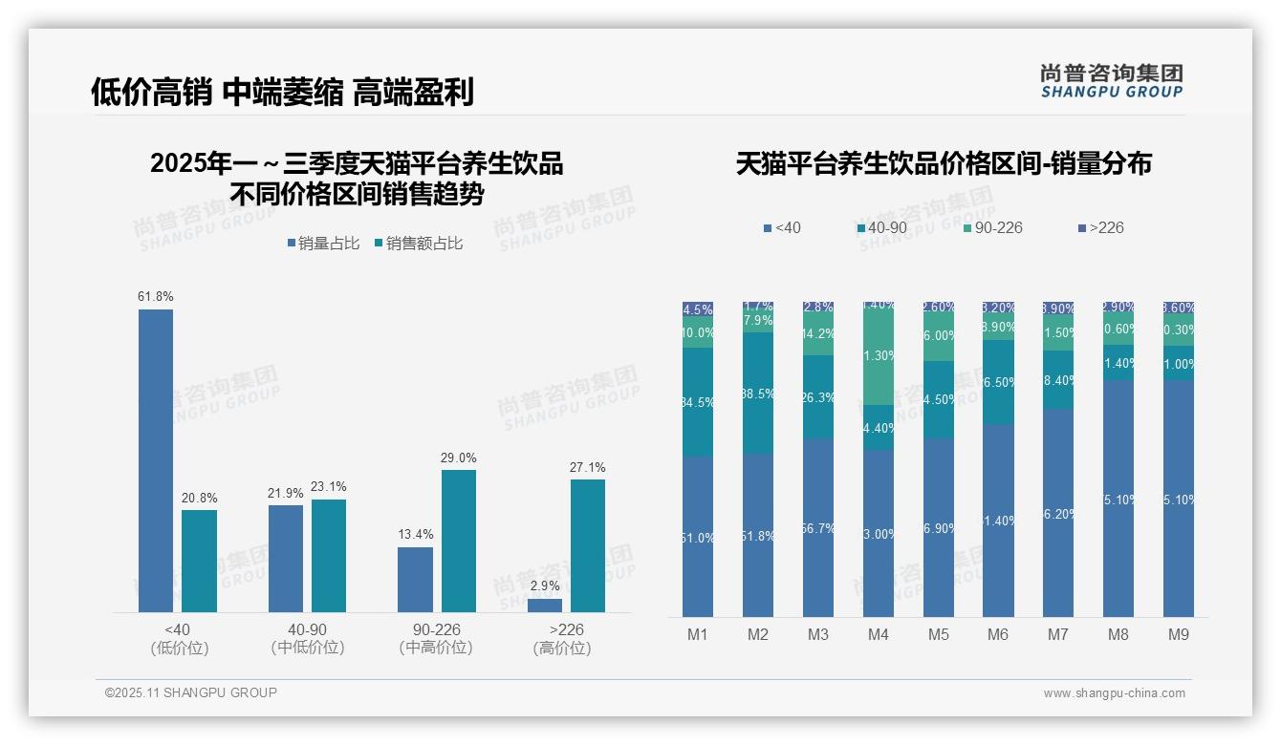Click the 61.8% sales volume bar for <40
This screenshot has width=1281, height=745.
click(x=156, y=460)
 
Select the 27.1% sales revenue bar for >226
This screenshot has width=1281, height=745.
click(x=588, y=545)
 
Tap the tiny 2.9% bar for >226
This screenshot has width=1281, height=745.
click(x=545, y=606)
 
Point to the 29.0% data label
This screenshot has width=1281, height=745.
click(x=459, y=458)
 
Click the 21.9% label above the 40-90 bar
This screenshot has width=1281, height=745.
click(x=286, y=494)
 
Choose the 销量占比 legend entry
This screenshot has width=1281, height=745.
click(x=323, y=244)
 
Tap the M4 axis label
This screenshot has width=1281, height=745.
click(x=879, y=635)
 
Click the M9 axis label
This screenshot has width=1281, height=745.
click(x=1179, y=635)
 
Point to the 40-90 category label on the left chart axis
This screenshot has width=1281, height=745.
click(x=307, y=630)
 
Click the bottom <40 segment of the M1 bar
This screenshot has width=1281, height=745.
click(x=698, y=536)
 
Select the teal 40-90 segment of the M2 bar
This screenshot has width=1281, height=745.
click(x=758, y=393)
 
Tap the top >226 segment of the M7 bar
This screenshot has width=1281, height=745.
click(x=1058, y=309)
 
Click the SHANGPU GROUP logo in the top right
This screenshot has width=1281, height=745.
click(x=1111, y=80)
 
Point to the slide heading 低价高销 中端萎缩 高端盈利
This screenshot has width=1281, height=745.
click(x=282, y=92)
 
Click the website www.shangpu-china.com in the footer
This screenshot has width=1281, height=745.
click(x=1114, y=693)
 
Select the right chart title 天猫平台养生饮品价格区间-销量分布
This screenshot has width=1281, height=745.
click(x=944, y=164)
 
